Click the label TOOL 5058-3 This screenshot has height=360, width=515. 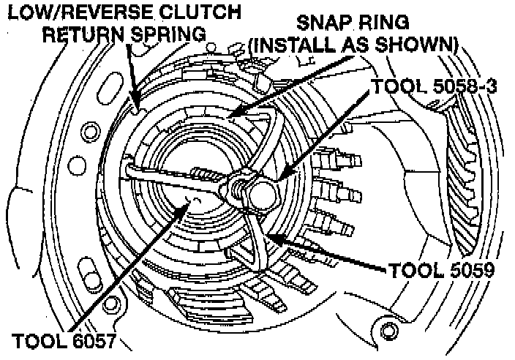pos(435,86)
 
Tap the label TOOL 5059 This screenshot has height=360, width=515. pos(440,270)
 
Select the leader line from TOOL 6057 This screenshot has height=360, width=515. pos(139,267)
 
